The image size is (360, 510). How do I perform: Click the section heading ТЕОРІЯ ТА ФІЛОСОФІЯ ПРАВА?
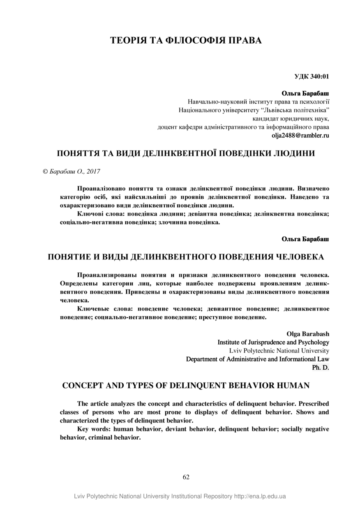tap(186, 40)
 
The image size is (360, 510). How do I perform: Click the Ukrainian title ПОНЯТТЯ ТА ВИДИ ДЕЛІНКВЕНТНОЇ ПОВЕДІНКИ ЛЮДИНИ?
tap(186, 154)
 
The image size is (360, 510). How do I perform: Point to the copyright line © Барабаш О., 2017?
tap(72, 171)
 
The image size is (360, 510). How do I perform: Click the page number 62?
tap(186, 477)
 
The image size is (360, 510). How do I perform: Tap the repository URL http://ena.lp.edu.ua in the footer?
tap(260, 496)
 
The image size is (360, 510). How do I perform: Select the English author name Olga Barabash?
tap(308, 334)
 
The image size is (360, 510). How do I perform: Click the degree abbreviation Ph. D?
tap(321, 367)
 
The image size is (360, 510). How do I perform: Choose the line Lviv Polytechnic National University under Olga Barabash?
tap(279, 351)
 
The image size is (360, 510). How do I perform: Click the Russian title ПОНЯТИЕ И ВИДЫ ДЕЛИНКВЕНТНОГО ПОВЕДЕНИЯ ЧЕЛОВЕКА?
tap(186, 257)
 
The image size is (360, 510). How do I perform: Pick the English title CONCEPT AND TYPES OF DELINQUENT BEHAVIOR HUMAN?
tap(186, 386)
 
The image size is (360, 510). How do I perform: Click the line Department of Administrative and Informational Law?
tap(258, 359)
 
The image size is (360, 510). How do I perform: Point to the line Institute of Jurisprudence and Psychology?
tap(273, 342)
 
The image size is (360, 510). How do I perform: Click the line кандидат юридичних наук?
tap(291, 118)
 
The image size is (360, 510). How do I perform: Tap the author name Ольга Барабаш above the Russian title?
tap(305, 239)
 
